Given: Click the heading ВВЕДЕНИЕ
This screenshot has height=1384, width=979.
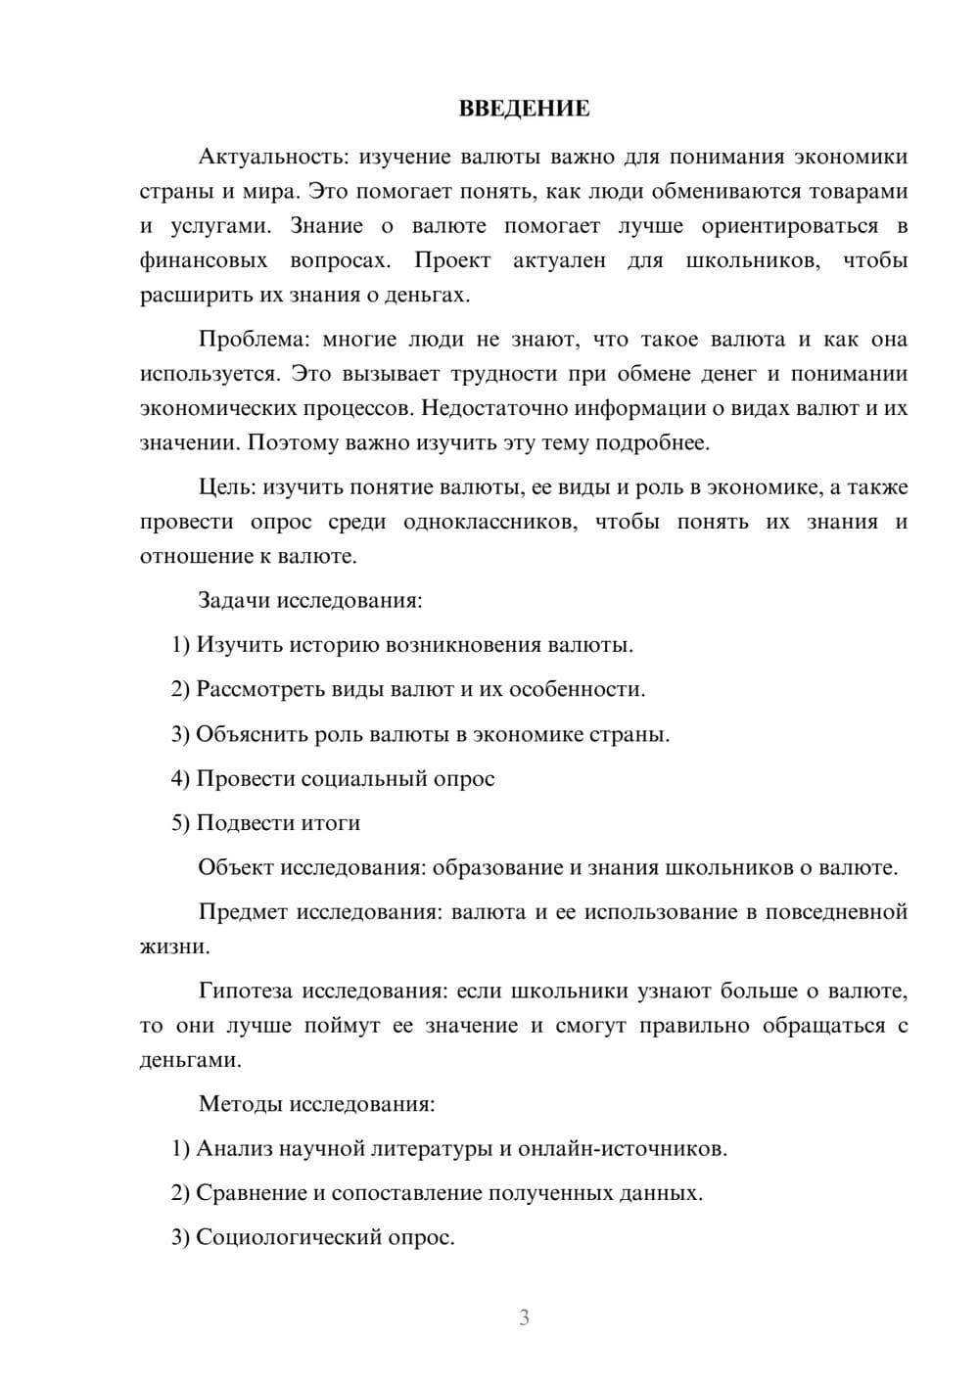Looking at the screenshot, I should [x=524, y=109].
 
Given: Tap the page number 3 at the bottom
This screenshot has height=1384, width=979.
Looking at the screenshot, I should [x=524, y=1317].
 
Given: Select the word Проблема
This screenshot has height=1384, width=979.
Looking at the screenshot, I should [x=254, y=340].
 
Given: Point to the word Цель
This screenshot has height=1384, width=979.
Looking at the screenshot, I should [x=226, y=487].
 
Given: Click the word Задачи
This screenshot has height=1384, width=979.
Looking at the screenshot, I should [x=234, y=600].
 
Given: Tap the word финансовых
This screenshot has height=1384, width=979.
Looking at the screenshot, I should [x=204, y=260].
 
